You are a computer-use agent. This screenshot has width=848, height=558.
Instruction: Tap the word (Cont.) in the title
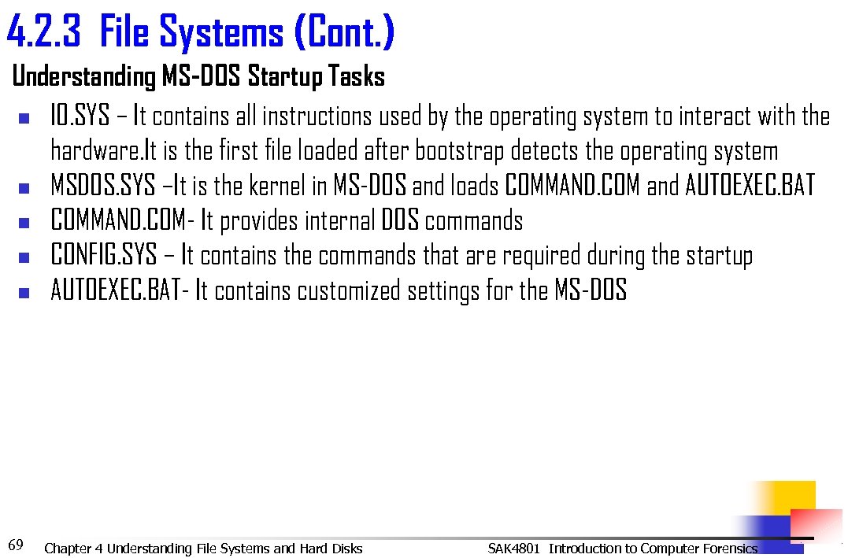click(344, 33)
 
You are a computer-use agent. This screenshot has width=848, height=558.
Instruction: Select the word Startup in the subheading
click(285, 77)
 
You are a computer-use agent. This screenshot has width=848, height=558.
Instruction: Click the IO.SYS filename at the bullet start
click(80, 116)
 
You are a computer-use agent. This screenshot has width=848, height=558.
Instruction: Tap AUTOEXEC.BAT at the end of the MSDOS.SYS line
click(750, 186)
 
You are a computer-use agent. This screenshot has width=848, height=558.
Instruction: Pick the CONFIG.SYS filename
click(103, 256)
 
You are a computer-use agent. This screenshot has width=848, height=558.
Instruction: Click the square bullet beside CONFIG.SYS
click(24, 257)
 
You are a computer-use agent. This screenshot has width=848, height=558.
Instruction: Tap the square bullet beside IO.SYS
click(24, 118)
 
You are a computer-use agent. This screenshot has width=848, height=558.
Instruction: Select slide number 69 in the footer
click(15, 545)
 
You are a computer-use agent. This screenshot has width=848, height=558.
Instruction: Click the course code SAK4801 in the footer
click(513, 549)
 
